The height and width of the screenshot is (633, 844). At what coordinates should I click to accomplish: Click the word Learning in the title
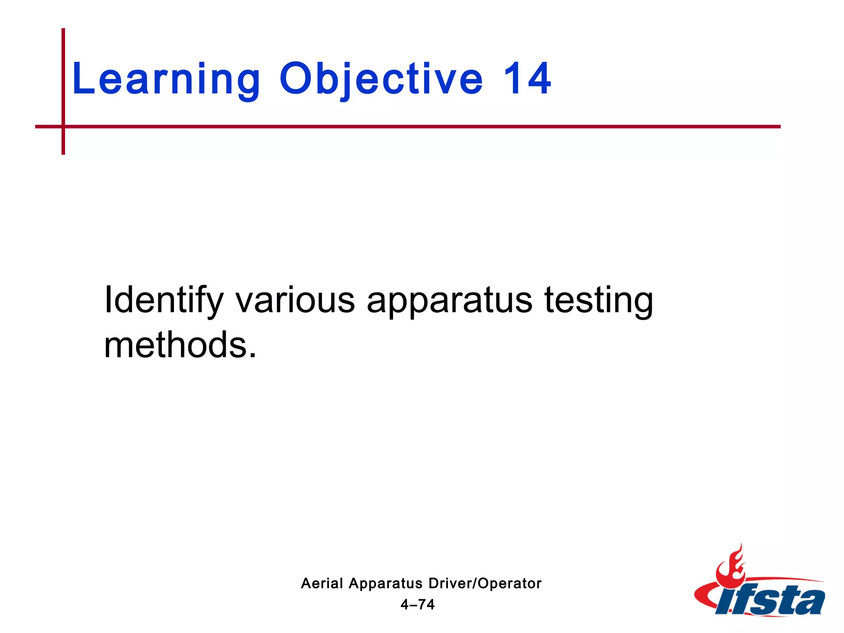pyautogui.click(x=166, y=79)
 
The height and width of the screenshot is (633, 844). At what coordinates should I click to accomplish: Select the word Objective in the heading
pyautogui.click(x=381, y=79)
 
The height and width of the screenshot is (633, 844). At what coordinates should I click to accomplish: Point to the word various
pyautogui.click(x=295, y=300)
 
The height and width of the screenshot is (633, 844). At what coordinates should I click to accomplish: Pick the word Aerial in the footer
pyautogui.click(x=322, y=583)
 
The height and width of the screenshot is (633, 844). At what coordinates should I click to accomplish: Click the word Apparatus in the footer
pyautogui.click(x=385, y=584)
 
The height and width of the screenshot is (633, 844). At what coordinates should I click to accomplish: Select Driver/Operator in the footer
pyautogui.click(x=485, y=583)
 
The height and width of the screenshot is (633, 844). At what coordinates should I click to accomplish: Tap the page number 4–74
pyautogui.click(x=417, y=605)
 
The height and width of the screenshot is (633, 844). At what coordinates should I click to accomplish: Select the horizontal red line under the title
pyautogui.click(x=412, y=127)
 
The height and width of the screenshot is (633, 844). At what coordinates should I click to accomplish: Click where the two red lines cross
pyautogui.click(x=63, y=127)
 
